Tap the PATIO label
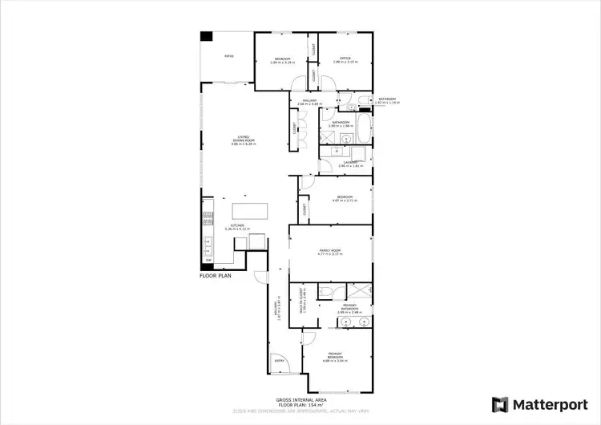point(228,56)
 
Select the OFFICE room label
point(345,59)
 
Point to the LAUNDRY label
point(349,164)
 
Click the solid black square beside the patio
point(207,37)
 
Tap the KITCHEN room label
point(237,229)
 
